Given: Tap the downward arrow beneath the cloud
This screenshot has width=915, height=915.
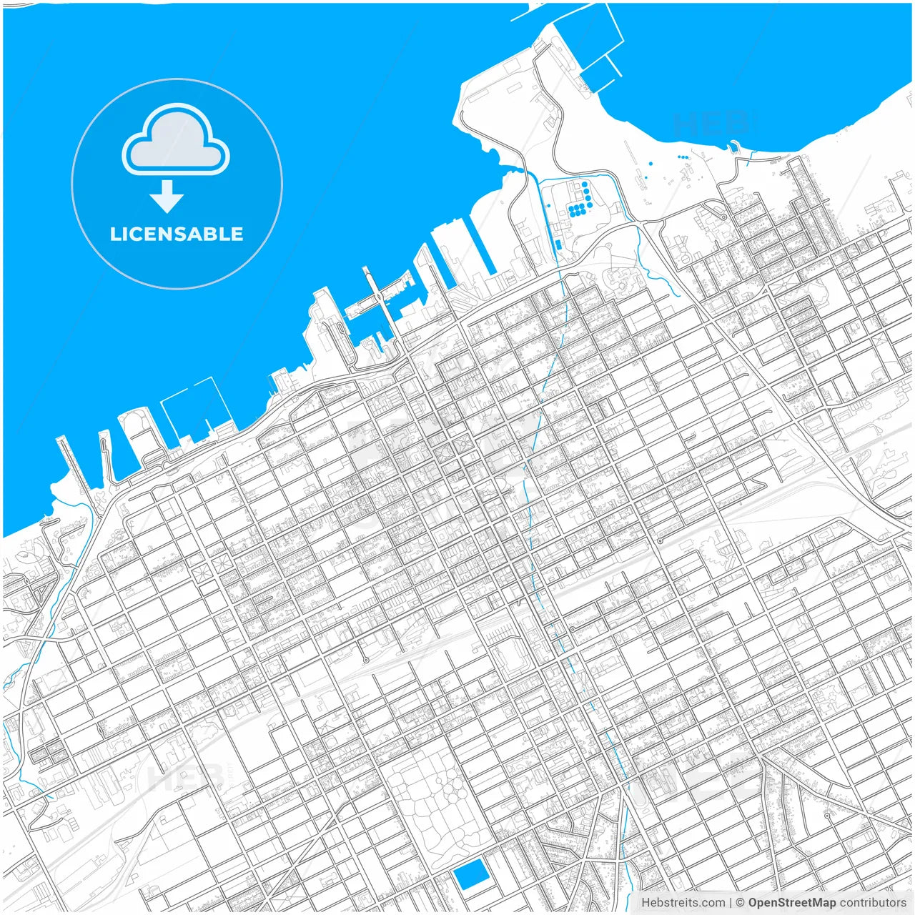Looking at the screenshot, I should (x=167, y=197).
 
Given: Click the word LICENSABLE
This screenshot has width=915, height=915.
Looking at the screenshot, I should (x=177, y=234).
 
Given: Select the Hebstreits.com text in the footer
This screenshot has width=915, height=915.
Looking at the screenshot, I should (x=683, y=903).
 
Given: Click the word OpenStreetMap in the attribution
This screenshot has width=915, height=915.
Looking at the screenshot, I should (x=792, y=903).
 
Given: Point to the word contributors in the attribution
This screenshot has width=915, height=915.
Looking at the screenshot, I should (x=873, y=903).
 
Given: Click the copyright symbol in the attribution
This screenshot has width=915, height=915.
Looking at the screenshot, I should (x=740, y=903).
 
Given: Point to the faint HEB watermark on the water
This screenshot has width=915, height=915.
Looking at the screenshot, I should (x=711, y=123).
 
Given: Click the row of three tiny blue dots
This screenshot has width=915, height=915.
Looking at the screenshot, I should (x=683, y=157).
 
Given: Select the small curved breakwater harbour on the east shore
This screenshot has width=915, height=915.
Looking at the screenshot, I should (x=733, y=149).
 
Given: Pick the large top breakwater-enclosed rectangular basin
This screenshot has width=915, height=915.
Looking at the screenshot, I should (x=586, y=36).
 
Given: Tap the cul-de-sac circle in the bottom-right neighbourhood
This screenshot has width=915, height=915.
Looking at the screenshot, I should (x=827, y=815).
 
